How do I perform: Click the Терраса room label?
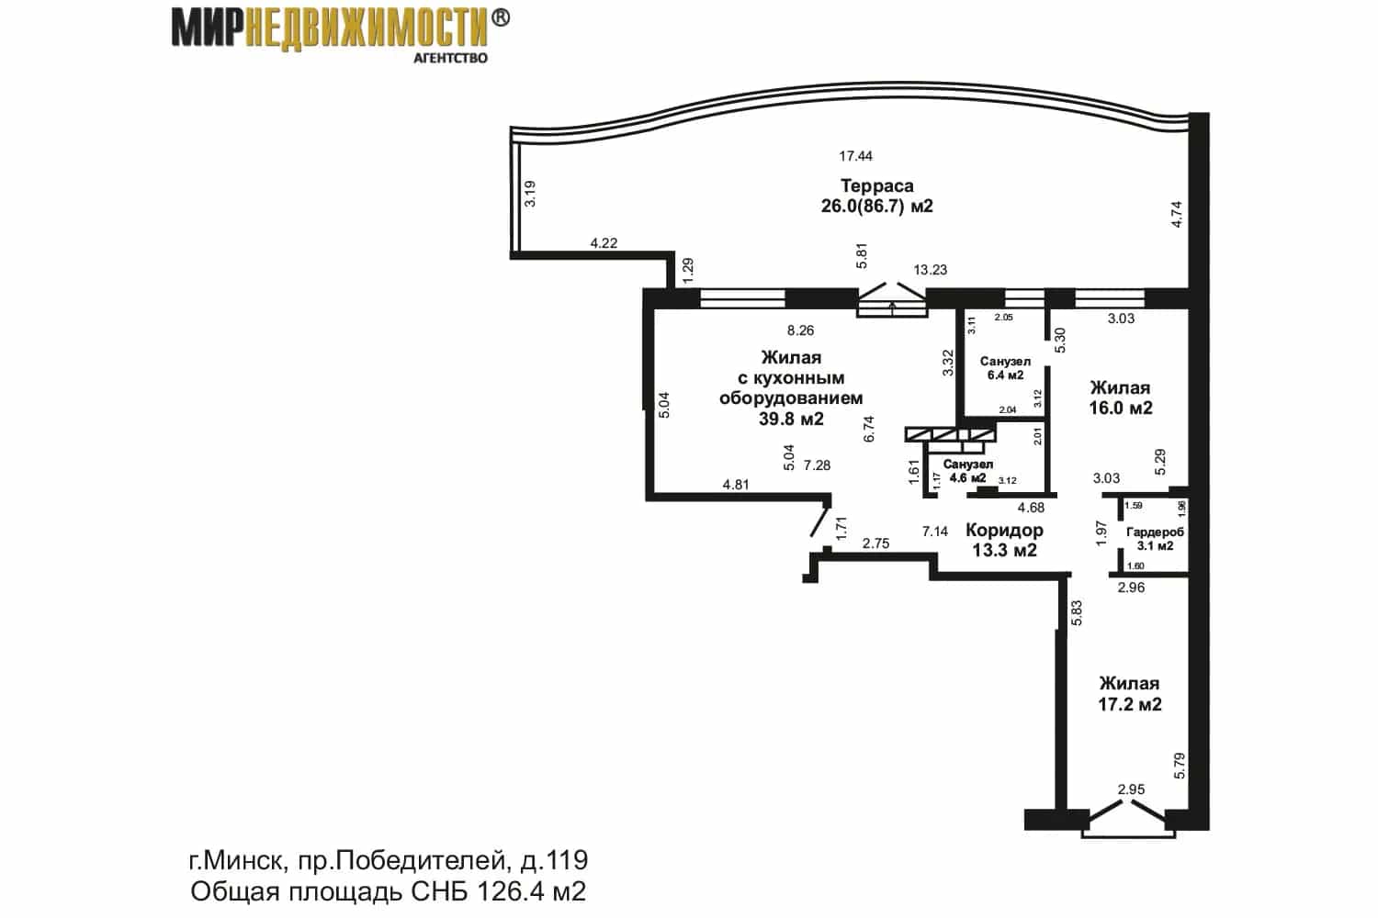tap(876, 185)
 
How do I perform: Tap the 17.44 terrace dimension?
tap(855, 156)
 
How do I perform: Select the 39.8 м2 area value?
tap(791, 419)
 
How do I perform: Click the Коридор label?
tap(1004, 530)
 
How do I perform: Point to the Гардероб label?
tap(1155, 532)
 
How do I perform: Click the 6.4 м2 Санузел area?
tap(1005, 375)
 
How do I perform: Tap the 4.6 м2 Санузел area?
tap(968, 477)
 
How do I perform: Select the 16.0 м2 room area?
tap(1121, 408)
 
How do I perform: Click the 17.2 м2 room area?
tap(1130, 704)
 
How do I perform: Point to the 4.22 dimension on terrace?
tap(604, 243)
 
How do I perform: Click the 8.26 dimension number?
tap(800, 330)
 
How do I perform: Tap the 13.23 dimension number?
tap(930, 269)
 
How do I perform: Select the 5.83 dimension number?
tap(1077, 613)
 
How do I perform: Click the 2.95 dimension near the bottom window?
tap(1131, 789)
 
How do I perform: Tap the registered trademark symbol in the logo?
tap(501, 17)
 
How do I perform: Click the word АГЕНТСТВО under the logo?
tap(450, 59)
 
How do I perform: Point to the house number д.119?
tap(554, 860)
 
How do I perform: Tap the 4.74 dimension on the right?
tap(1177, 215)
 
